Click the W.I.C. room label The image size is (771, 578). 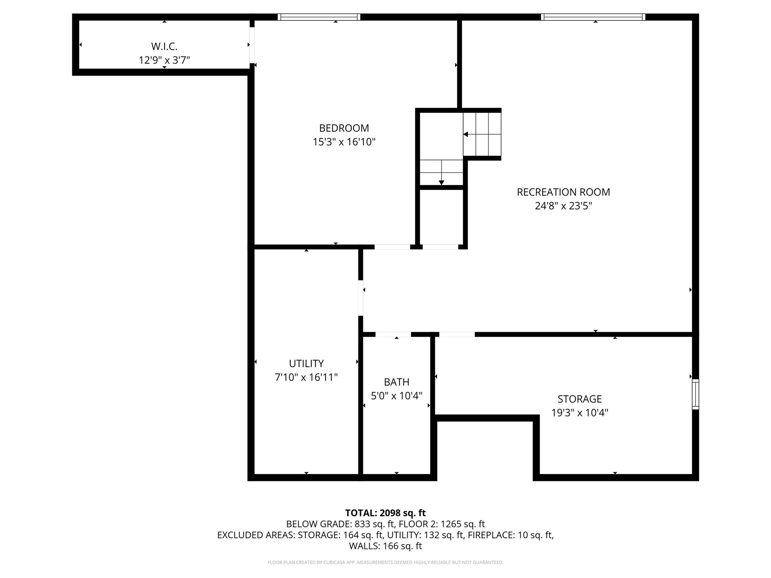(x=164, y=46)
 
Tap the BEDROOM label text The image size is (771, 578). (x=344, y=128)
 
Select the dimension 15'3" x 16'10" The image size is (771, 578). (x=344, y=142)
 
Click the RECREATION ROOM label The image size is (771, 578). (x=563, y=192)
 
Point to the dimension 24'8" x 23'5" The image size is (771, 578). (x=563, y=206)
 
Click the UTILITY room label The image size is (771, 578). (x=306, y=364)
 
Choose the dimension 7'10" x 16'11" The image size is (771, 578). (x=306, y=377)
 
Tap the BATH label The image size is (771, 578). (x=396, y=382)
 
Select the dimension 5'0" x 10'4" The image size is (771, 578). (x=396, y=396)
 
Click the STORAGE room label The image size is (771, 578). (x=579, y=399)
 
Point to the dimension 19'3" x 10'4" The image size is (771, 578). (x=579, y=413)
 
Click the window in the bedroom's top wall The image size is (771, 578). (x=319, y=17)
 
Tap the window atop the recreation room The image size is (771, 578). (x=593, y=17)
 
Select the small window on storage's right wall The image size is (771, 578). (x=695, y=394)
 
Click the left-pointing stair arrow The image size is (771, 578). (x=466, y=134)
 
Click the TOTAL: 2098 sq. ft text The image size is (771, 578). (x=385, y=513)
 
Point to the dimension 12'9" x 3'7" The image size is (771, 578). (x=164, y=60)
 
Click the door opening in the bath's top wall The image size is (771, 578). (x=393, y=334)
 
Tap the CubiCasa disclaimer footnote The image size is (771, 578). (x=385, y=563)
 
